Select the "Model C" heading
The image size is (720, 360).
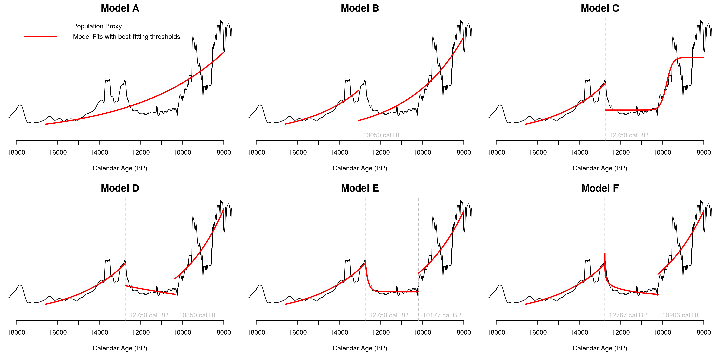(x=600, y=8)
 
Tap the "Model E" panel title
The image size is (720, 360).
(x=360, y=188)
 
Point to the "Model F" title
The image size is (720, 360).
(x=600, y=188)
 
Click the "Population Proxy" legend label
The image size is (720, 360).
(x=97, y=26)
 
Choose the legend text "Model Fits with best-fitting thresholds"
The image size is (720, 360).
(x=126, y=37)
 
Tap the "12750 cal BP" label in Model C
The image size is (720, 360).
(x=628, y=135)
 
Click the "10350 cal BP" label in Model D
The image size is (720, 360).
(x=198, y=315)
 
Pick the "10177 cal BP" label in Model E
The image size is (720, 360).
(x=442, y=315)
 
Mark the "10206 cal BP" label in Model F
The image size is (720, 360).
(x=681, y=315)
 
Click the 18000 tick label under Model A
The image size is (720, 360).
(x=16, y=153)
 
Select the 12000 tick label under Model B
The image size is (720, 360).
(x=381, y=153)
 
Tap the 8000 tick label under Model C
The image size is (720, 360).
(x=704, y=153)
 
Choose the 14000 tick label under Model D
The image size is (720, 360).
(x=99, y=333)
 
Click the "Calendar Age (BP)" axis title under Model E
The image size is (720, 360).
(x=360, y=348)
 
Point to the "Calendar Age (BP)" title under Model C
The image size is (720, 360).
(x=600, y=168)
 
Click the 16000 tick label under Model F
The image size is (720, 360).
(x=537, y=333)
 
